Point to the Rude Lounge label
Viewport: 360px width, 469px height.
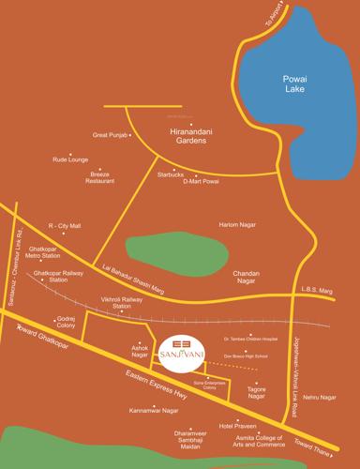(69, 159)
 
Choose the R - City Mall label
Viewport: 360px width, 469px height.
(65, 226)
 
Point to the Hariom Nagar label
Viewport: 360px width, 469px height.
(238, 225)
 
